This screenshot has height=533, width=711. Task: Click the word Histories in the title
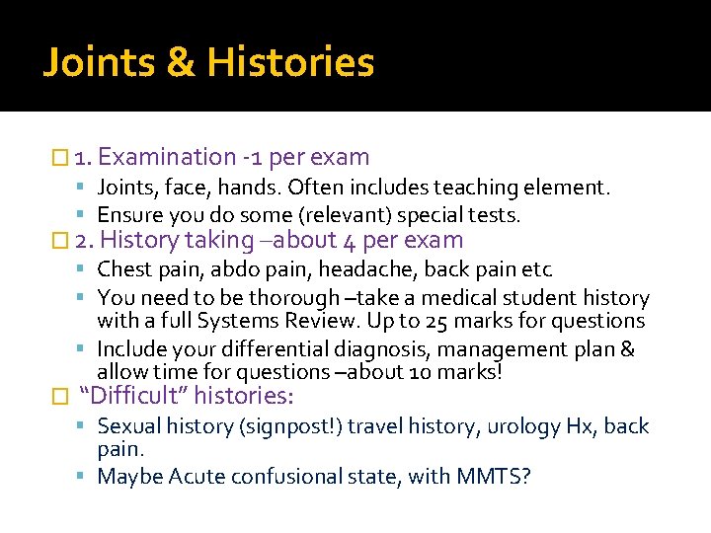(290, 63)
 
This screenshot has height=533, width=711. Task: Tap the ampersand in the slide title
(181, 63)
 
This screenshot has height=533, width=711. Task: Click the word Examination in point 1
(167, 157)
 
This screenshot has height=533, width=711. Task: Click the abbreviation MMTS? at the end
(494, 477)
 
